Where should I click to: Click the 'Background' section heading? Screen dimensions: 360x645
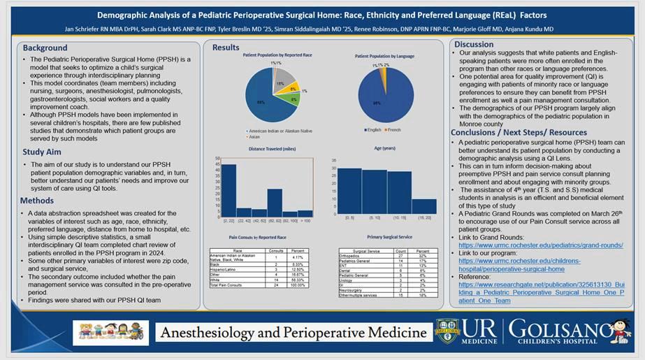click(45, 48)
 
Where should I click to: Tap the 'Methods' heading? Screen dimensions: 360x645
click(37, 201)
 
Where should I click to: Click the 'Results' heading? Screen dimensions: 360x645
click(226, 48)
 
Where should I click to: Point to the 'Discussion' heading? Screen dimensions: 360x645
click(474, 44)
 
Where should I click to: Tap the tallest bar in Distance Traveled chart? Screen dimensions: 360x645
click(229, 189)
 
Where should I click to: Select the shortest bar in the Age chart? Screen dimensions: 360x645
click(423, 206)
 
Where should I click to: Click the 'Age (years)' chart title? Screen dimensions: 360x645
click(384, 149)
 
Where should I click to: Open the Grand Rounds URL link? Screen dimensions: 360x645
click(540, 246)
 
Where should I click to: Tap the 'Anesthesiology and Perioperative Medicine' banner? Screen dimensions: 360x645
click(294, 332)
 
